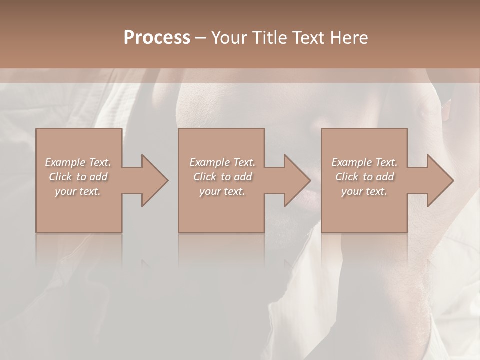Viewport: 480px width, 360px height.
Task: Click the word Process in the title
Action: tap(157, 38)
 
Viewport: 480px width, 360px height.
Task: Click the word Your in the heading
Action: tap(229, 38)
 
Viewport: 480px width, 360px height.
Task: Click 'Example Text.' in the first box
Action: tap(78, 162)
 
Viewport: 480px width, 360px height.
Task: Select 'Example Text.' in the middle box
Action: tap(222, 162)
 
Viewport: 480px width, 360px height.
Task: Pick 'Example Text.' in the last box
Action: tap(364, 162)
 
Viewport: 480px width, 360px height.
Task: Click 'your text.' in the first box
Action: tap(78, 191)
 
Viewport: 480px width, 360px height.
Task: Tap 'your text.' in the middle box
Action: tap(222, 191)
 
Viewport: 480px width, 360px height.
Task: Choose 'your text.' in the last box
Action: tap(364, 191)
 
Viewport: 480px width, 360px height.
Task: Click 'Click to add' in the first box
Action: tap(78, 177)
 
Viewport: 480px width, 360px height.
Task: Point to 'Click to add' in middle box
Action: tap(222, 177)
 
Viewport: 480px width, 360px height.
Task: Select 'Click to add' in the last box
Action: tap(364, 177)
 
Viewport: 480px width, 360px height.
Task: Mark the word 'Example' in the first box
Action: tap(65, 162)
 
